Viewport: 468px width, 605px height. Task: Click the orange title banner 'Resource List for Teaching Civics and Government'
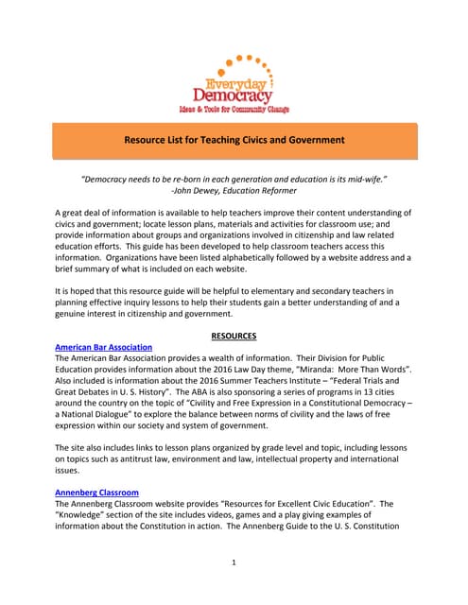pyautogui.click(x=234, y=140)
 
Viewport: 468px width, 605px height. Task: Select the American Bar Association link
pyautogui.click(x=104, y=347)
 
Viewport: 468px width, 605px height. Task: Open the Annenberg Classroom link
pyautogui.click(x=97, y=493)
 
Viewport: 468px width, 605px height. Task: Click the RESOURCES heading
pyautogui.click(x=234, y=335)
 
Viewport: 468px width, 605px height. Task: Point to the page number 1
pyautogui.click(x=234, y=562)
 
